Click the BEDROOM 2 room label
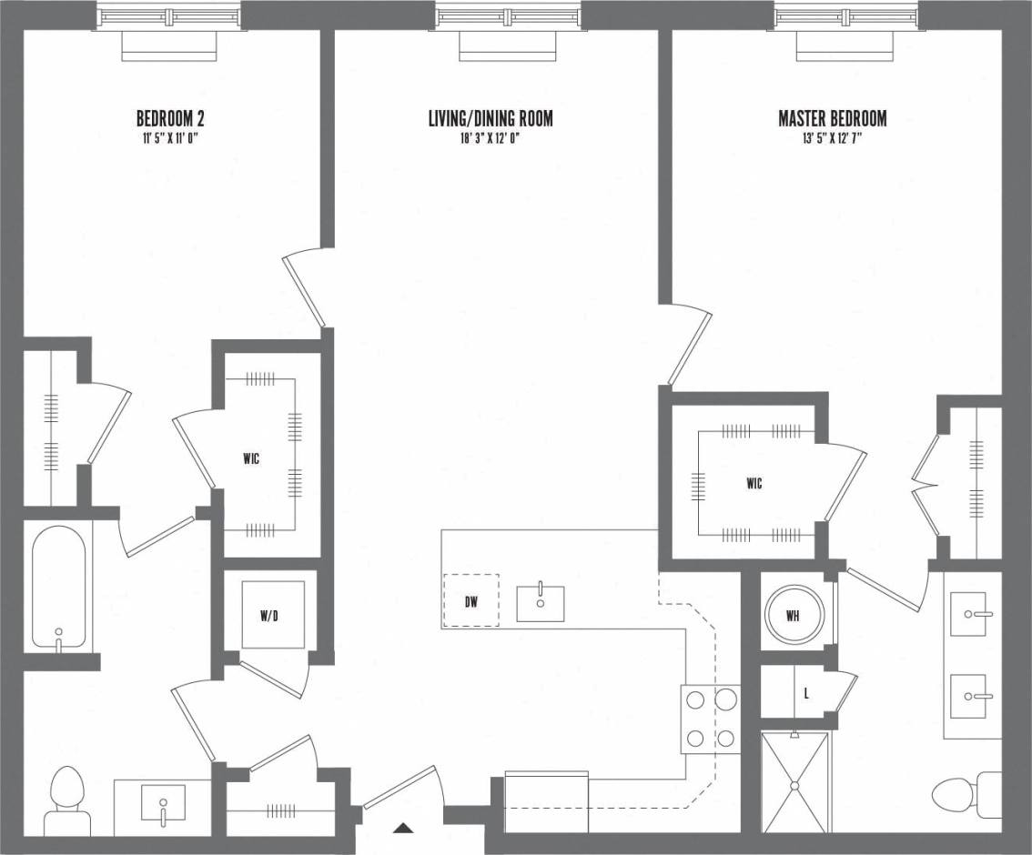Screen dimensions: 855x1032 pos(169,118)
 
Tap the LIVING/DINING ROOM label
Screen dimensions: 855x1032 pos(491,118)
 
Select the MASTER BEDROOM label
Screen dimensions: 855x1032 pos(832,118)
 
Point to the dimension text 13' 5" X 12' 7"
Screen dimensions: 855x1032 pos(832,139)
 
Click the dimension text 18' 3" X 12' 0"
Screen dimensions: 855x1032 pos(491,139)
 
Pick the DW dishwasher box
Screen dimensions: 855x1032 pos(470,600)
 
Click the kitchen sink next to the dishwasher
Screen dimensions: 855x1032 pos(540,603)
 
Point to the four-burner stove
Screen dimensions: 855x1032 pos(710,719)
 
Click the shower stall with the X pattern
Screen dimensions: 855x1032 pos(795,782)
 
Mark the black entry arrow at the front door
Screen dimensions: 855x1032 pos(403,828)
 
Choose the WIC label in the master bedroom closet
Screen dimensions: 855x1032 pos(754,484)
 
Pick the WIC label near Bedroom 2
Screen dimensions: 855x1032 pos(251,459)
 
